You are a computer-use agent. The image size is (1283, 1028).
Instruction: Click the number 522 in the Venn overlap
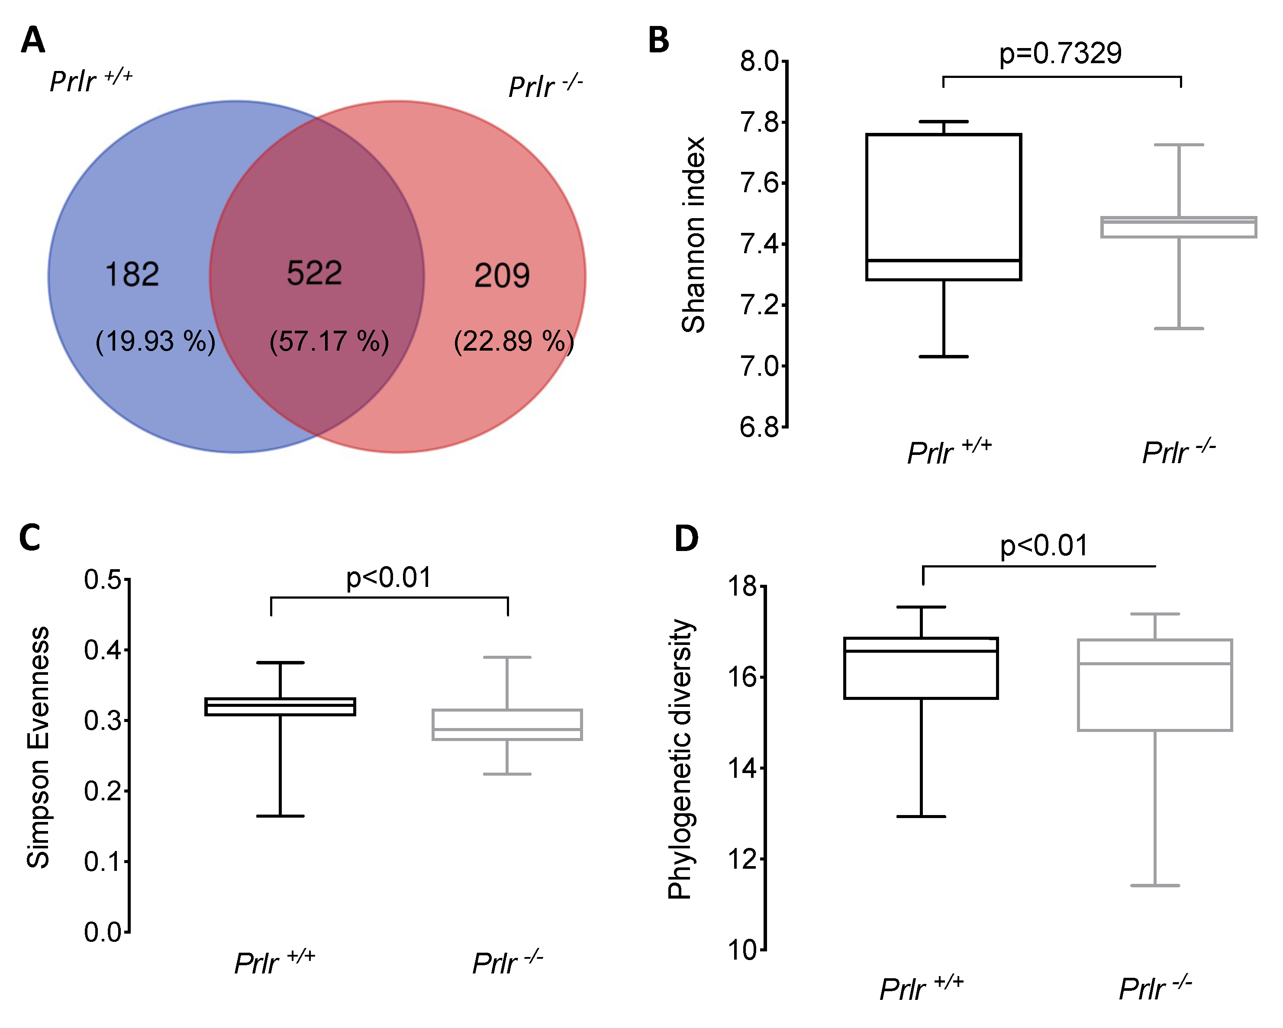[x=314, y=273]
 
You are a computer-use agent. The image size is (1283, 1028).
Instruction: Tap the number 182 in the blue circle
[x=132, y=275]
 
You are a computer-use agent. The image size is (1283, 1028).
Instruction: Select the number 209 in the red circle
[x=502, y=275]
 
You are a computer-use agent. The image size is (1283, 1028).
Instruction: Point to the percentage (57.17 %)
[x=329, y=342]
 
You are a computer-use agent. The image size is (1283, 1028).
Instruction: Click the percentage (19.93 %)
[x=155, y=342]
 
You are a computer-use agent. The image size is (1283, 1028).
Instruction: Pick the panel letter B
[x=658, y=40]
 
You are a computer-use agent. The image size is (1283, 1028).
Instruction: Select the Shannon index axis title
[x=693, y=235]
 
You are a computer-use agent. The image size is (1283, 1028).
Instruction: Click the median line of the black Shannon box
[x=943, y=261]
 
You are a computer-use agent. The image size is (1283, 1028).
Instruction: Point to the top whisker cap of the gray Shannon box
[x=1178, y=145]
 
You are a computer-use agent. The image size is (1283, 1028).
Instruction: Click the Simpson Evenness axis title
[x=38, y=748]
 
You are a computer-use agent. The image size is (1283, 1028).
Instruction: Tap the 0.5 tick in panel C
[x=102, y=580]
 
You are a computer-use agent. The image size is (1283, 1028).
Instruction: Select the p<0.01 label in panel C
[x=389, y=578]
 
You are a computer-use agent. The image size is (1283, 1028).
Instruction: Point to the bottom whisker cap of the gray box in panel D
[x=1154, y=886]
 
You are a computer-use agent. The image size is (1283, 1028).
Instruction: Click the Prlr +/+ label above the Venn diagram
[x=90, y=81]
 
